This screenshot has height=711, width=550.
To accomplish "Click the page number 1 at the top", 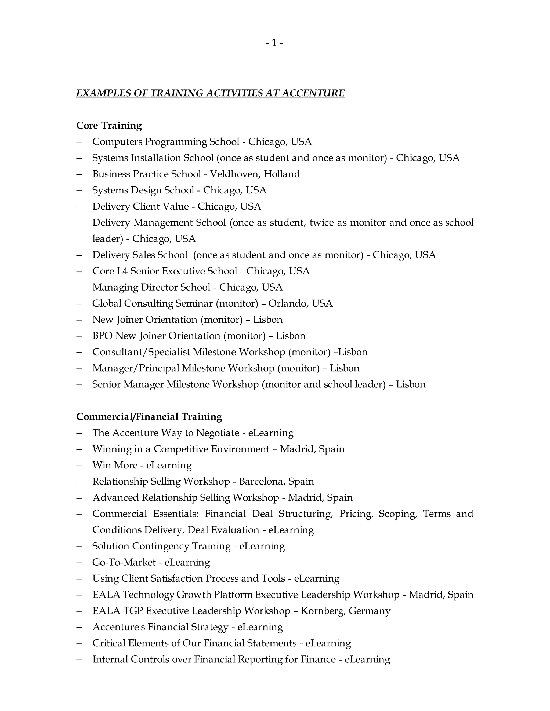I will (x=274, y=43).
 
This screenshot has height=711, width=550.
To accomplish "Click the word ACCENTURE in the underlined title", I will (x=313, y=93).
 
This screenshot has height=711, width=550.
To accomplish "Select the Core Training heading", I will (x=109, y=125).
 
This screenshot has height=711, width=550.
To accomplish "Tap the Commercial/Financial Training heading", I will (x=149, y=417).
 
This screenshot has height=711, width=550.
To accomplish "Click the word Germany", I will (x=370, y=611).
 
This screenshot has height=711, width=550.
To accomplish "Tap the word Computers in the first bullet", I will (x=117, y=142).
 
